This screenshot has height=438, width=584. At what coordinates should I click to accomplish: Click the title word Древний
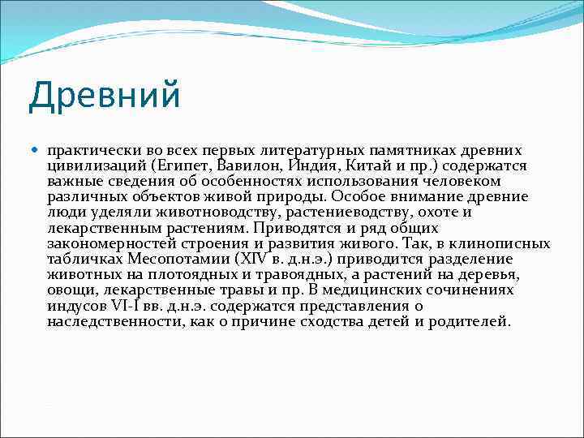104,96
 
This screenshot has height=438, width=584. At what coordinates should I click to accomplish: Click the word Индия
300,165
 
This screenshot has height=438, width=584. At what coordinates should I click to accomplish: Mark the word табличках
81,259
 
